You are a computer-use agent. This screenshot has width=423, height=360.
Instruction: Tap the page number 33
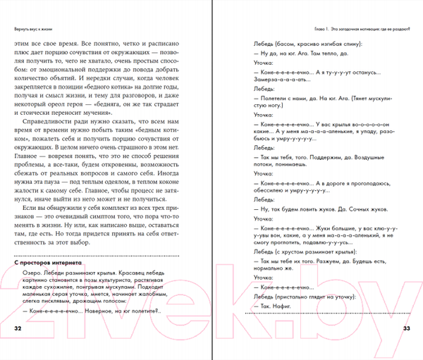pos(405,329)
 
